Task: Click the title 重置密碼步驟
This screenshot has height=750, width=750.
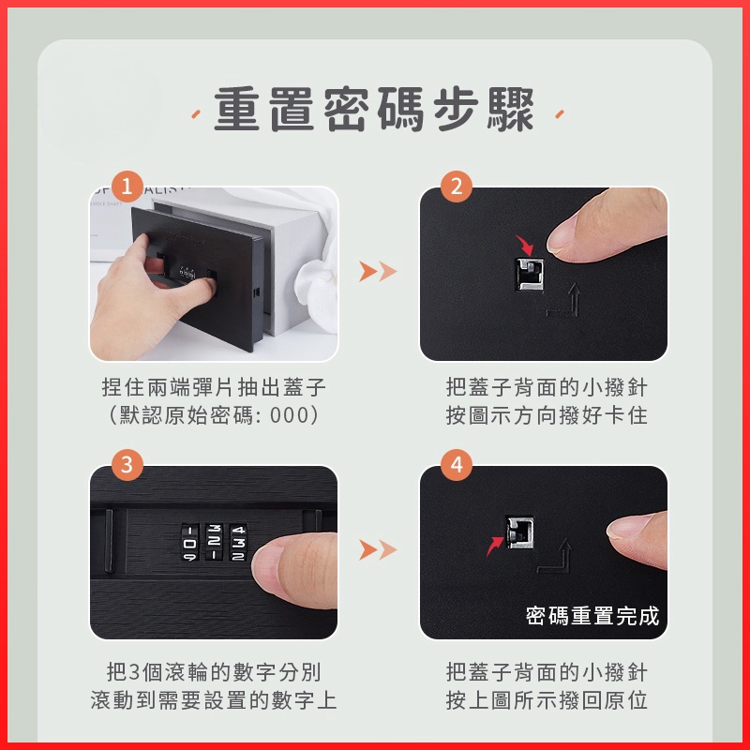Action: (x=374, y=110)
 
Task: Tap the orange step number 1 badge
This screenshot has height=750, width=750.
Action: (x=127, y=186)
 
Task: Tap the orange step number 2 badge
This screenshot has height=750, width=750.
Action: (x=457, y=186)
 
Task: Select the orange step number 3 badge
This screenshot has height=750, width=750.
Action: (x=127, y=464)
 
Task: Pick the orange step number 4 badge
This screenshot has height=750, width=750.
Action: (x=457, y=464)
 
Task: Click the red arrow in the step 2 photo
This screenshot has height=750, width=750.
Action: (x=526, y=245)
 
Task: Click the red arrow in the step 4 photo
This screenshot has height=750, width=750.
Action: (x=495, y=546)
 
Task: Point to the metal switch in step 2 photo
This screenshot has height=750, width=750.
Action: (x=530, y=275)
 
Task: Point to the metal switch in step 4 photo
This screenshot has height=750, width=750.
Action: (x=519, y=532)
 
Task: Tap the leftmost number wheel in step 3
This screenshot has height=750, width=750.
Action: (x=190, y=543)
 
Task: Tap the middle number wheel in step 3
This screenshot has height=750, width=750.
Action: (x=214, y=542)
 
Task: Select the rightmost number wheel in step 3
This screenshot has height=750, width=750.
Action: (x=238, y=542)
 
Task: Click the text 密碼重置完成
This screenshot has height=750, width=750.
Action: (x=592, y=616)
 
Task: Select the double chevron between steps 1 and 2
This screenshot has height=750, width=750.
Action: (x=378, y=271)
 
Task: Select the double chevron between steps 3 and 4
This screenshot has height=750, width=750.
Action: (x=378, y=549)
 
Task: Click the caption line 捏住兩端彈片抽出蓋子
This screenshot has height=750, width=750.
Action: (x=214, y=387)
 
